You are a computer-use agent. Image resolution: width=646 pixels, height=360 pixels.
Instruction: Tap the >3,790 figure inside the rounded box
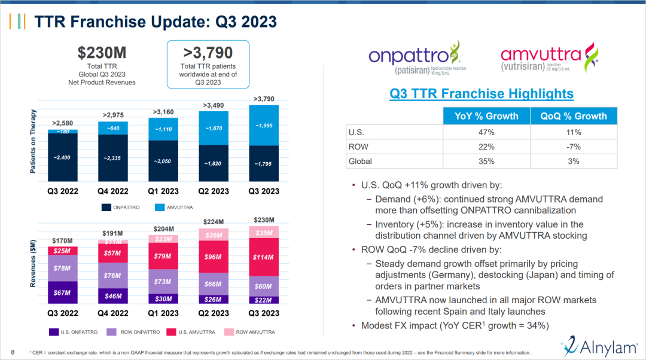point(208,53)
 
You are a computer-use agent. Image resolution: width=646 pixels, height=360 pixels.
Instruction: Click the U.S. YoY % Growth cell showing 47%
point(486,132)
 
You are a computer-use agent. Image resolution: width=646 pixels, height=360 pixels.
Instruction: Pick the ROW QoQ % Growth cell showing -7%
point(573,147)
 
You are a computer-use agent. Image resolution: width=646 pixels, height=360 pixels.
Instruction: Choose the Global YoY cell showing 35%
point(486,161)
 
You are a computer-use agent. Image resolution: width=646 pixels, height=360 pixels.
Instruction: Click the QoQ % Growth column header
point(573,116)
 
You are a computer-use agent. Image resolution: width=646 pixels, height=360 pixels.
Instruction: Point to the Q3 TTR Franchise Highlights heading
point(482,94)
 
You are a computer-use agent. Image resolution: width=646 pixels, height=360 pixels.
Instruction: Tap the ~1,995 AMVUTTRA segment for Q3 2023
point(263,126)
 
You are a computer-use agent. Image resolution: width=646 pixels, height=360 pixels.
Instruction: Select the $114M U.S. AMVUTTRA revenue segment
point(263,257)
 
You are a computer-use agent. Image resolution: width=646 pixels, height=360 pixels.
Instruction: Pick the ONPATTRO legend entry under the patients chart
point(120,207)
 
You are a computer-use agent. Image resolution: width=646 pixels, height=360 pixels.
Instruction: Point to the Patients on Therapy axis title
point(34,142)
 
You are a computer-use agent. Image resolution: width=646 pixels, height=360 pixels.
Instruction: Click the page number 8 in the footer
point(13,351)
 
